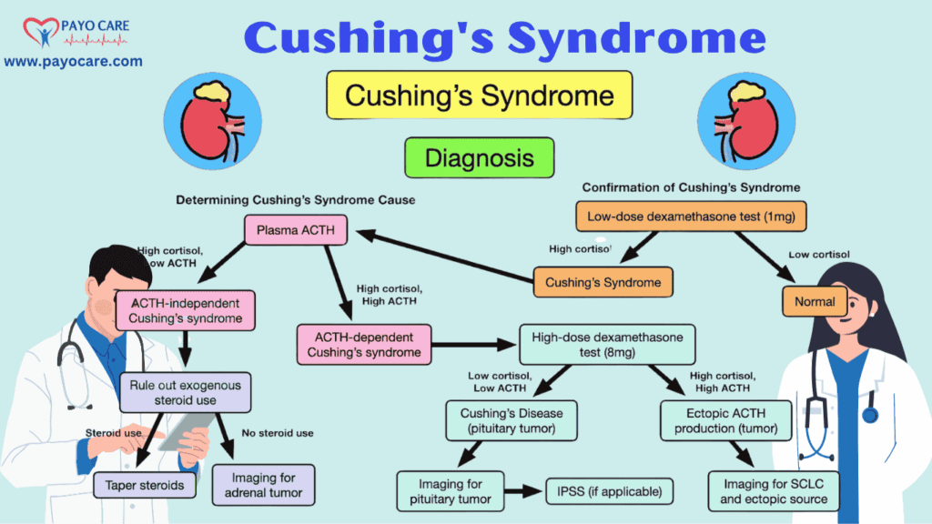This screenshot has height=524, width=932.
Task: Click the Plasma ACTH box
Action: (x=296, y=230)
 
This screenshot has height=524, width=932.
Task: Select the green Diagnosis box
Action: (x=479, y=157)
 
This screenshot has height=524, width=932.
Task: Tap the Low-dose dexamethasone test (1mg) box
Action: (x=691, y=216)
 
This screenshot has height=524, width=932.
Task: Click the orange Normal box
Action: (x=815, y=300)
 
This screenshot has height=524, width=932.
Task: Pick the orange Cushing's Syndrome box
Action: (x=603, y=282)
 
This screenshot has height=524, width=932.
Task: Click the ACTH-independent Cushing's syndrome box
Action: (x=185, y=309)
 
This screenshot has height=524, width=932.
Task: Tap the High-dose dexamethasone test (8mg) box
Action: (x=606, y=345)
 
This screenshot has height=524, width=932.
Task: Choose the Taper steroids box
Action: (x=145, y=485)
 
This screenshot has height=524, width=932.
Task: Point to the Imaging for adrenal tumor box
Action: (x=264, y=485)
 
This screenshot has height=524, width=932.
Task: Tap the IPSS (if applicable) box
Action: (x=609, y=492)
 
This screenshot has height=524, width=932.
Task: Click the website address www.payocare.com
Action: (x=73, y=61)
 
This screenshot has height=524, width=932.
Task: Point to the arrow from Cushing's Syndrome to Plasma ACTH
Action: (x=446, y=257)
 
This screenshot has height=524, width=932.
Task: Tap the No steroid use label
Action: (x=278, y=433)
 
